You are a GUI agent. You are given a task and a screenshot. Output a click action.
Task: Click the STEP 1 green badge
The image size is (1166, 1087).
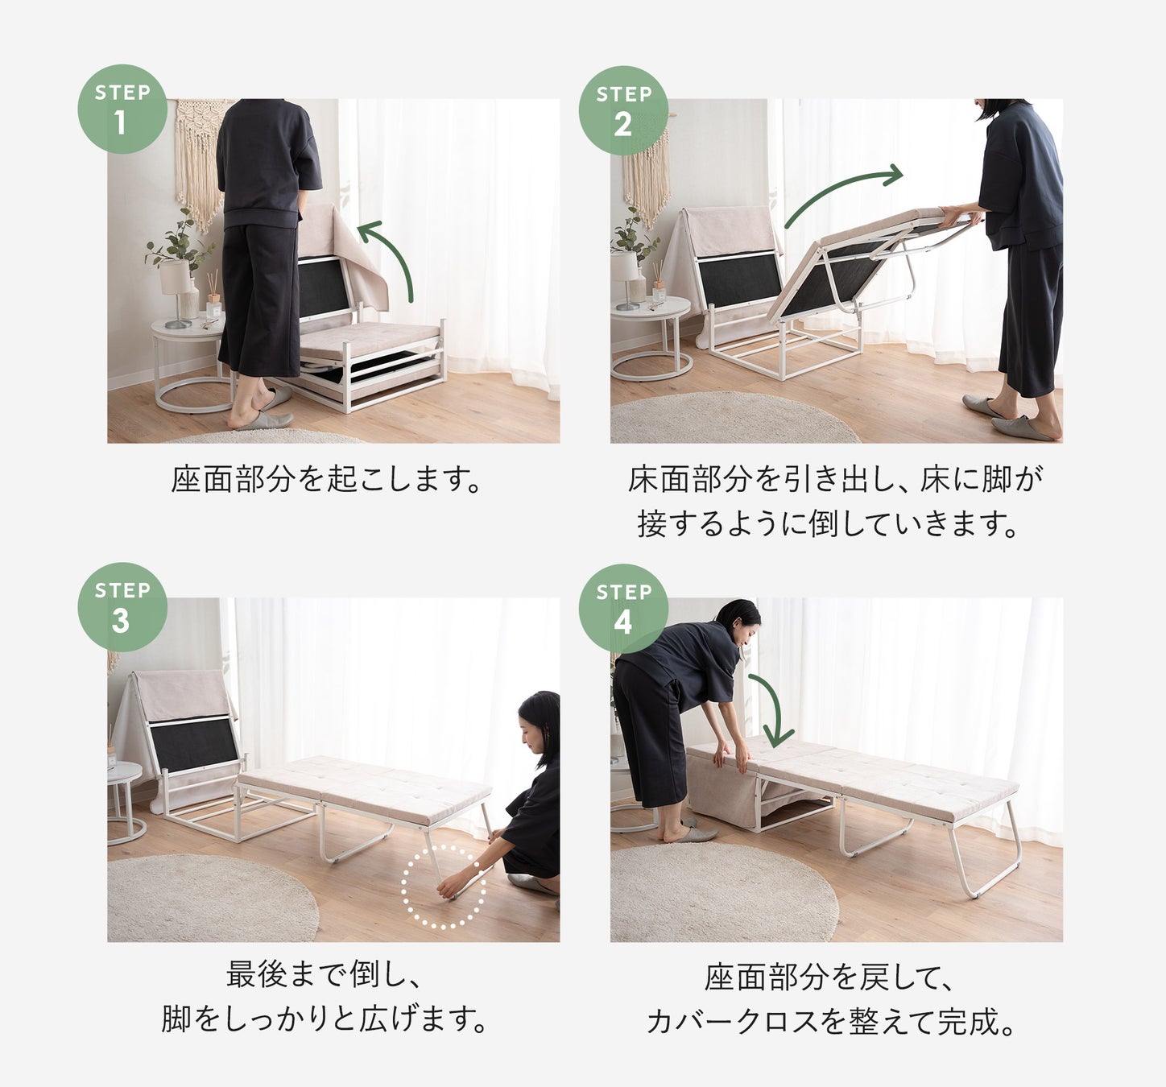tap(122, 109)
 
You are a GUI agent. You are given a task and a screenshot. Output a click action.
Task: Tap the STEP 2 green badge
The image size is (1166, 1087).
tap(623, 110)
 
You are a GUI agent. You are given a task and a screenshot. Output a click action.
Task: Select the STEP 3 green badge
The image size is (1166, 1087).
tap(122, 606)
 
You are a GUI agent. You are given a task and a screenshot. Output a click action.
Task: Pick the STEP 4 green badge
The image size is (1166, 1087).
tap(623, 609)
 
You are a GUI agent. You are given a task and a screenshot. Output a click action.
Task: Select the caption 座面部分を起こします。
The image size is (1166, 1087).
tap(327, 479)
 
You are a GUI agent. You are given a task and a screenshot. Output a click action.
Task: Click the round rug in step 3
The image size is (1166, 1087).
tap(213, 898)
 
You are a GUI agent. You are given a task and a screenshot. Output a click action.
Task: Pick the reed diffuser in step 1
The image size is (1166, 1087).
tap(213, 296)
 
